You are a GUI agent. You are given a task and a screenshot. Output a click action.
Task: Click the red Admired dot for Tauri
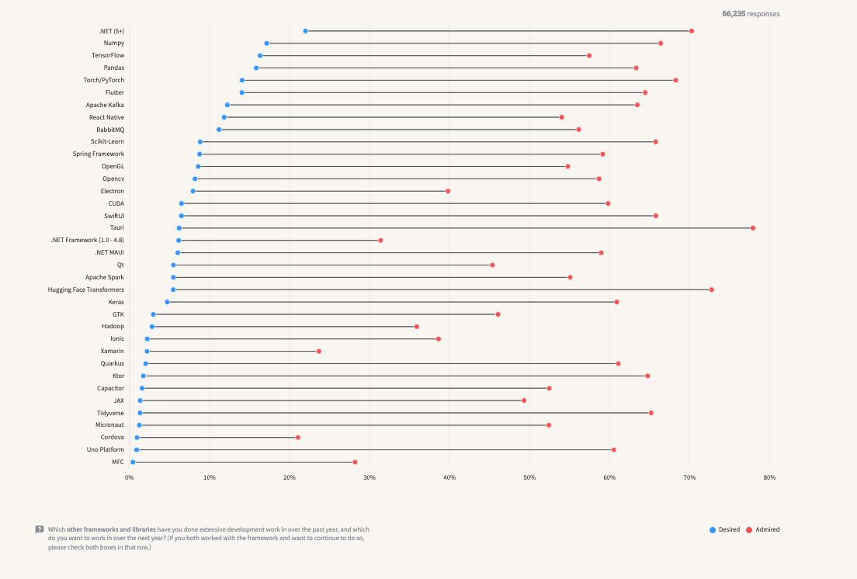click(753, 228)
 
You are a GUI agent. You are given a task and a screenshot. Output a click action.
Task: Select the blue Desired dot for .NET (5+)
click(305, 31)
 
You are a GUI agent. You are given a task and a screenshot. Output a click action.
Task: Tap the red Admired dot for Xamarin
click(318, 352)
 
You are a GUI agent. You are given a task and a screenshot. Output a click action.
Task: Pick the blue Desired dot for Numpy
click(266, 43)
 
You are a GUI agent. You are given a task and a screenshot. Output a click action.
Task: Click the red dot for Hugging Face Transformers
click(711, 289)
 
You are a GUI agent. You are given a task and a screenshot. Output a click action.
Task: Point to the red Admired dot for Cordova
click(297, 438)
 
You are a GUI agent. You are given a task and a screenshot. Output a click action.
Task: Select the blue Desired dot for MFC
click(133, 462)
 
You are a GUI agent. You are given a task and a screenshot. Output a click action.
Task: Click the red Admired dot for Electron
click(448, 191)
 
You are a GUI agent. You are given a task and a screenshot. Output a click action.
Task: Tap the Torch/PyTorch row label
click(104, 80)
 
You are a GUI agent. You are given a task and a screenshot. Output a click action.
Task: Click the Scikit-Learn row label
click(107, 142)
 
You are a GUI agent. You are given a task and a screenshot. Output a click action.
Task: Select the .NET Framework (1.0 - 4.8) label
click(87, 241)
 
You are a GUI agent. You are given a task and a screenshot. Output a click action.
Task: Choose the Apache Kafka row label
click(105, 105)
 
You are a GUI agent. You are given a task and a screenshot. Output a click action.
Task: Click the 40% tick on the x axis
click(449, 477)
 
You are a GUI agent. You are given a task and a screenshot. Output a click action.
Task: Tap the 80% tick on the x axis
click(769, 477)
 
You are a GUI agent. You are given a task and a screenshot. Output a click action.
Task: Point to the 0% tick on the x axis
click(130, 477)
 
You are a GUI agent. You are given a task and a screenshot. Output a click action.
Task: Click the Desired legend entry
click(724, 529)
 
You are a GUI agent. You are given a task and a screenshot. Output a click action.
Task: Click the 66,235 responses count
click(751, 14)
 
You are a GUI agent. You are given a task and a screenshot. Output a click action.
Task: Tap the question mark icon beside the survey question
click(40, 529)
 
